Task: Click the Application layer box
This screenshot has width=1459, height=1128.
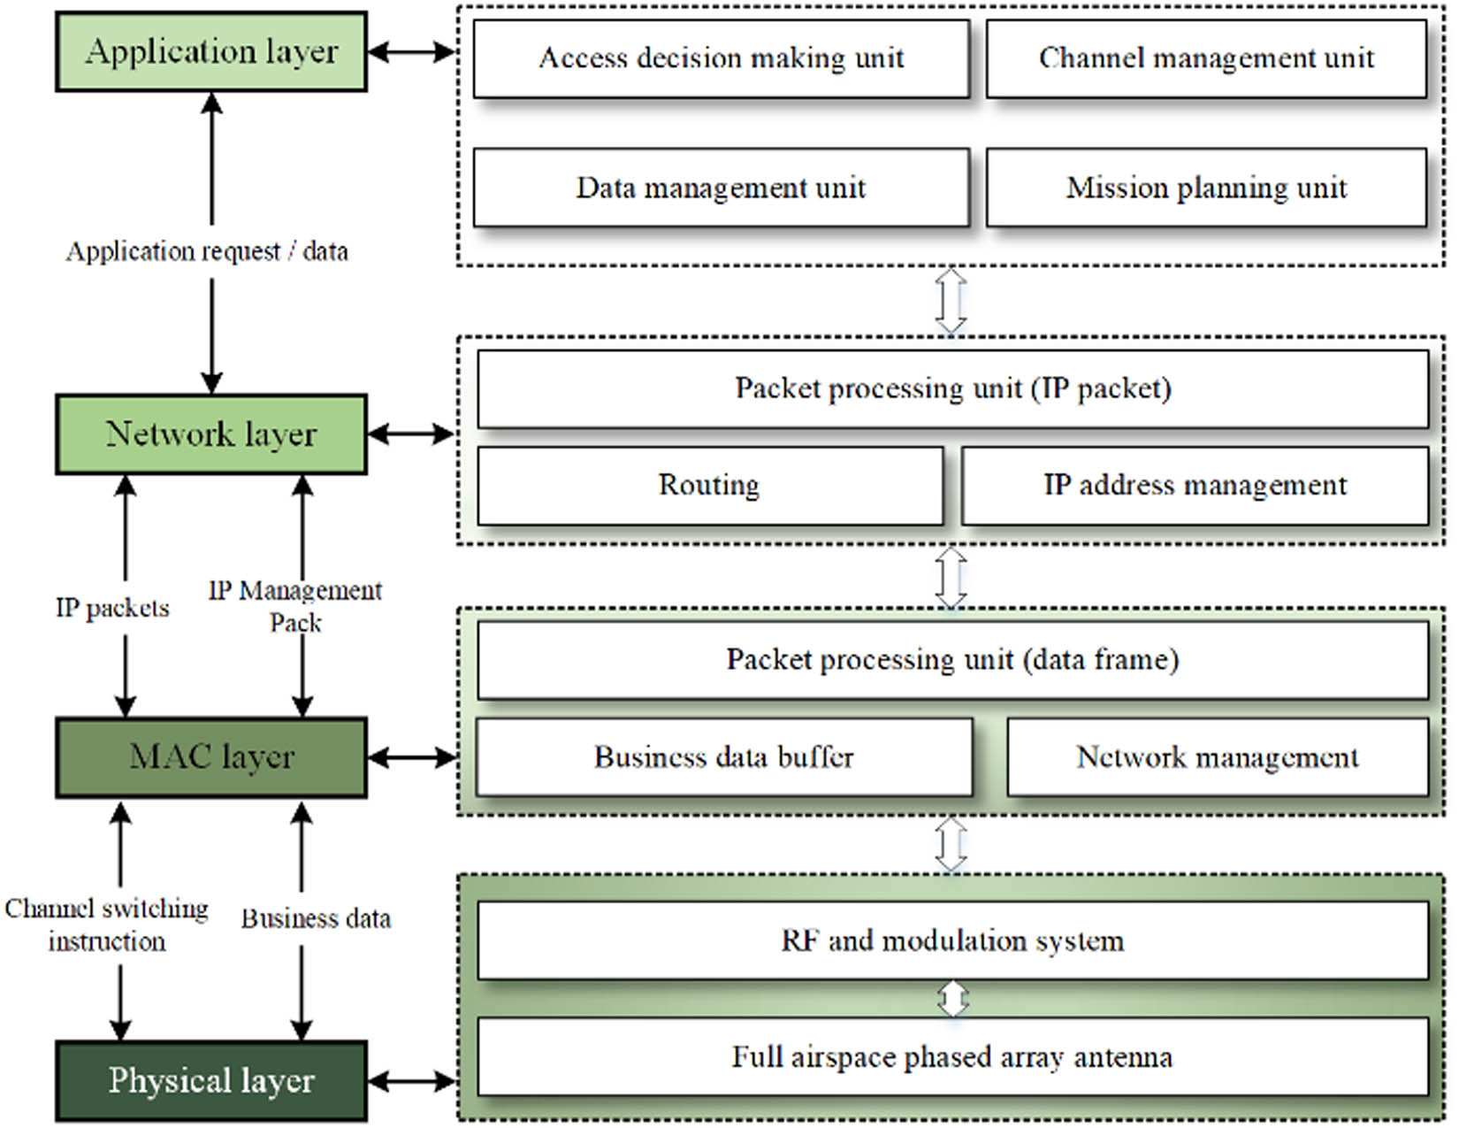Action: click(x=211, y=51)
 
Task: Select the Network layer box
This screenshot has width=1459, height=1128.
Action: click(x=211, y=434)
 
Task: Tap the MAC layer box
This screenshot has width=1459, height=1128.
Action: click(x=211, y=757)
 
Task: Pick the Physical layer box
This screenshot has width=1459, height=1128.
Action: click(x=211, y=1080)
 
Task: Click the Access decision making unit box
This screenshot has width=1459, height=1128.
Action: click(x=721, y=58)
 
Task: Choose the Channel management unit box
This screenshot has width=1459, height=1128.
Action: click(x=1205, y=58)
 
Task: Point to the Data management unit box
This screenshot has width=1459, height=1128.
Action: click(x=721, y=188)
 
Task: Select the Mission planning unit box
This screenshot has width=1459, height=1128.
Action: click(x=1205, y=188)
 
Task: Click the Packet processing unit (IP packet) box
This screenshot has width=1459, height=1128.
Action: click(x=952, y=389)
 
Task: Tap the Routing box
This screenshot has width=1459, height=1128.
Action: click(x=709, y=485)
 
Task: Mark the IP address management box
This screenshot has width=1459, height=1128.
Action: click(x=1194, y=485)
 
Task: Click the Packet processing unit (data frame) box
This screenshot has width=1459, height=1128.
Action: click(x=952, y=660)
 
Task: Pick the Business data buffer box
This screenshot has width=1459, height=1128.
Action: click(x=723, y=757)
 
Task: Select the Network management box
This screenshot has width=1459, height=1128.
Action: click(x=1217, y=757)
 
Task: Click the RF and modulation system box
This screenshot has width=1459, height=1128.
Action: click(x=952, y=940)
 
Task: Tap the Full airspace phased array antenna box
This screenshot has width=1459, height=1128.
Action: click(x=952, y=1057)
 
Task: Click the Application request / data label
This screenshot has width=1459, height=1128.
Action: click(x=207, y=252)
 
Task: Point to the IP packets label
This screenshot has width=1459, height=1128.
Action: click(x=112, y=608)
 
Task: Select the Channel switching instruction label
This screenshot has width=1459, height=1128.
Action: click(x=107, y=925)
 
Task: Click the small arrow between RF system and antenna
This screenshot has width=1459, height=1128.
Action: click(x=952, y=999)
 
